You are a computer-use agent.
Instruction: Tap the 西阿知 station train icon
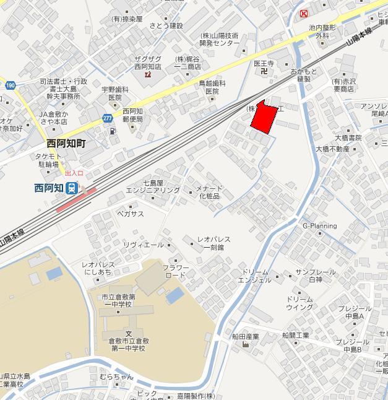(73, 188)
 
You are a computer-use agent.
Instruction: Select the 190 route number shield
(9, 85)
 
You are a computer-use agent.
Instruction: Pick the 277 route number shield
(108, 118)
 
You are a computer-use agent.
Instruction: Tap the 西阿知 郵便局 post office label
(132, 115)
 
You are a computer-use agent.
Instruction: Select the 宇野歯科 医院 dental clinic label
(115, 93)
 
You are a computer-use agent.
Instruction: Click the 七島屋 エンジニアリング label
(153, 186)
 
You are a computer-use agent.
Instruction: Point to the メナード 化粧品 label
(209, 192)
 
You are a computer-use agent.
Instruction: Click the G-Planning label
(319, 226)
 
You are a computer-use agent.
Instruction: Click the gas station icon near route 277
(111, 131)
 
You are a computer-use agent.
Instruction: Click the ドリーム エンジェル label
(257, 276)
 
